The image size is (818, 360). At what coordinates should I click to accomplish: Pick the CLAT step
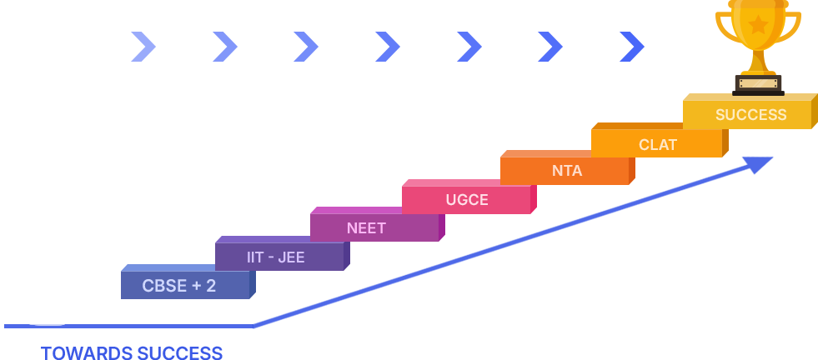coord(657,143)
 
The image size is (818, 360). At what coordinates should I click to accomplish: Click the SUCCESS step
coord(750,114)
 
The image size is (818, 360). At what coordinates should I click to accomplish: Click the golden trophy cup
coord(758,29)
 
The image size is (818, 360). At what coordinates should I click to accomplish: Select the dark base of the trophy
coord(758,83)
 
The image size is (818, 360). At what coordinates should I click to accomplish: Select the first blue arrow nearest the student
coord(142,47)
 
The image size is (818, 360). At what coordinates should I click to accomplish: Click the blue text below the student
coord(132,353)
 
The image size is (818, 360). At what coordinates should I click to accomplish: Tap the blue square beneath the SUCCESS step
coord(740,184)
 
